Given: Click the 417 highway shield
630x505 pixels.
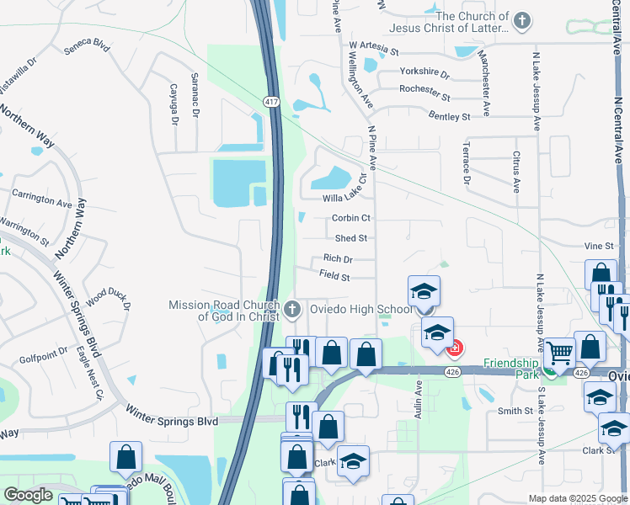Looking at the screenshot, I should point(270,102).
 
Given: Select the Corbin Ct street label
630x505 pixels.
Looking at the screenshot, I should point(351,218).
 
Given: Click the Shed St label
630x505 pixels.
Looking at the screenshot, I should point(350,239).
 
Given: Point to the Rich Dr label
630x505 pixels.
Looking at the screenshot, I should point(338,259).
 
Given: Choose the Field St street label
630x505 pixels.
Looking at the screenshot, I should point(334,275).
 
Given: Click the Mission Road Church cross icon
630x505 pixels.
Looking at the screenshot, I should point(292,310).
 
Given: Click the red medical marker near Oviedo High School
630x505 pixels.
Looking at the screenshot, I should point(455,347).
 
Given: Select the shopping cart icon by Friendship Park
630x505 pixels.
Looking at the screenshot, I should point(558,353).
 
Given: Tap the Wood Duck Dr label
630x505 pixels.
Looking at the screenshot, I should point(108,300).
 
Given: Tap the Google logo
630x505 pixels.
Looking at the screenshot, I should point(28,496).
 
